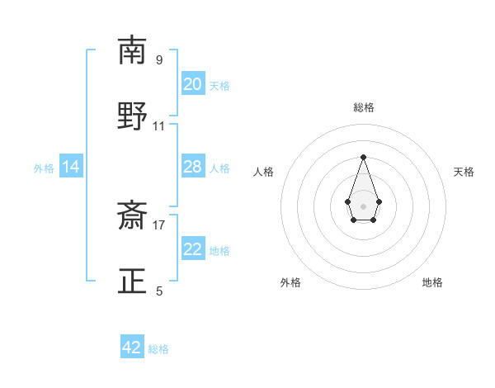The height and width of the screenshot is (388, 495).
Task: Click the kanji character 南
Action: point(132,50)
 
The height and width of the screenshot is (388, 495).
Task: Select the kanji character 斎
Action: point(132,217)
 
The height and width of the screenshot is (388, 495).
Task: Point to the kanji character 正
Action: point(132,282)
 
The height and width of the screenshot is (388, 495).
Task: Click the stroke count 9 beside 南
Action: point(159,60)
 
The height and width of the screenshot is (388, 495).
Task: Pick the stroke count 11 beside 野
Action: point(159,125)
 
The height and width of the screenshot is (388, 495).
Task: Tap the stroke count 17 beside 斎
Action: point(159,225)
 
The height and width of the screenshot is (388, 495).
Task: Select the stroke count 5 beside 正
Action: point(159,291)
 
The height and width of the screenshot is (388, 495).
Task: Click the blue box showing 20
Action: point(193,84)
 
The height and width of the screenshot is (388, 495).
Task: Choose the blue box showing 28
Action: point(193,168)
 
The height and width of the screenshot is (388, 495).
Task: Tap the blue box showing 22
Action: point(193,250)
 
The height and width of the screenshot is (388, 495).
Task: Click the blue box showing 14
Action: point(71,168)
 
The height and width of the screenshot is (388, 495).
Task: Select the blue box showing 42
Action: point(132,348)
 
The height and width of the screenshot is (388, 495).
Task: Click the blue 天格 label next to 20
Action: point(219,85)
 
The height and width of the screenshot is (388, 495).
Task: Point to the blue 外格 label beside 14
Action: point(44,168)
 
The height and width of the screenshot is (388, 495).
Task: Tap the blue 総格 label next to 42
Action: point(158,349)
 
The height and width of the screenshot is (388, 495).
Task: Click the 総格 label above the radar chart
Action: point(363,107)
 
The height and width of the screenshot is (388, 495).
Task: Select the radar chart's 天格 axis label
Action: point(464,172)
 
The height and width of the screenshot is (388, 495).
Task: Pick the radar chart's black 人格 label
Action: point(263,172)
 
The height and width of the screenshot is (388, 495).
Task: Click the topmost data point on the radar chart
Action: point(363,157)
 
